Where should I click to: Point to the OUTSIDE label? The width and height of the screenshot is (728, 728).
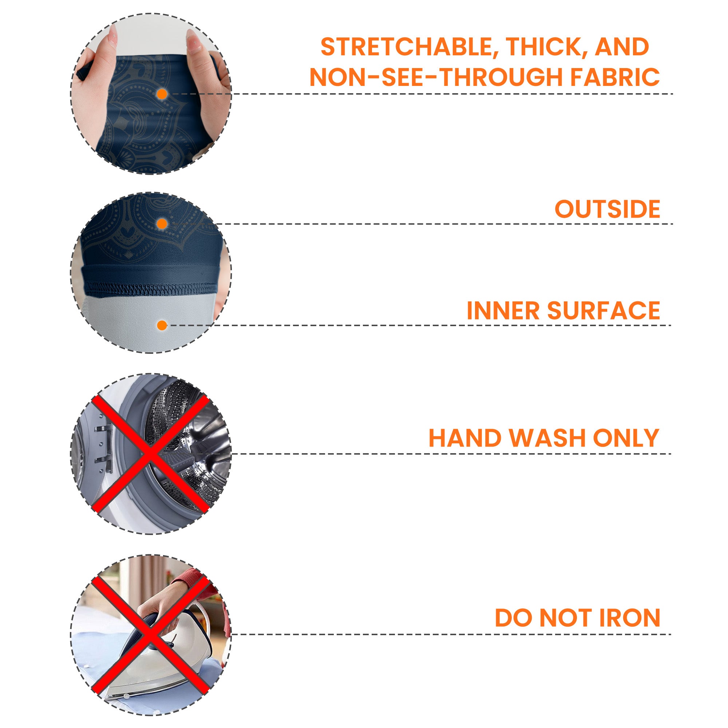(x=608, y=209)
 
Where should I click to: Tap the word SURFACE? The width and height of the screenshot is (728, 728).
(x=604, y=310)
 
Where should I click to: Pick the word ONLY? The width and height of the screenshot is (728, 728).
(x=626, y=438)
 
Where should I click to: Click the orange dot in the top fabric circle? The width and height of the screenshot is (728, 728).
(x=162, y=94)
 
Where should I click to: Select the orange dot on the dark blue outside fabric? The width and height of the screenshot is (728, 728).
(x=162, y=224)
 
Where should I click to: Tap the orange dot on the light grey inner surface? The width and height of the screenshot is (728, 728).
(x=162, y=325)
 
